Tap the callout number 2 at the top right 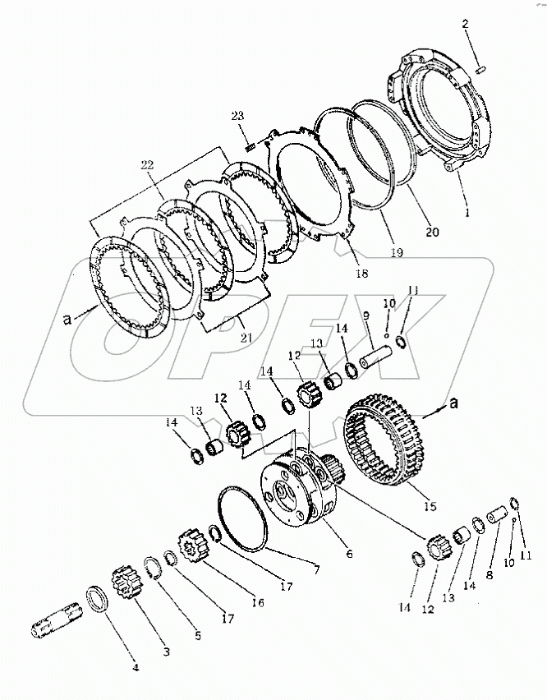464,25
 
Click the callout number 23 237,116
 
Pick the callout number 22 148,167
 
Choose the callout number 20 431,233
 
